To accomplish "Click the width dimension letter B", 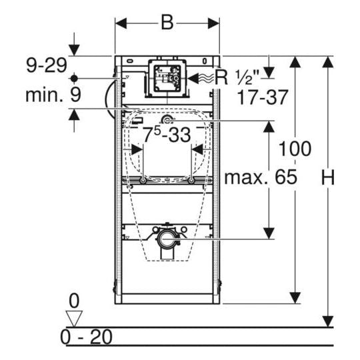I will [167, 23].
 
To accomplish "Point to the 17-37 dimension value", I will [263, 97].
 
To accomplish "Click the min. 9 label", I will [53, 95].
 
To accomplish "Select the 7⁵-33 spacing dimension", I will [167, 135].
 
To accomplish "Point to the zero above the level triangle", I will [73, 299].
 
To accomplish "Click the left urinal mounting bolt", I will [142, 181].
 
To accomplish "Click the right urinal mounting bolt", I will [191, 181].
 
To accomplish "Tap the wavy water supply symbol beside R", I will [202, 78].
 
